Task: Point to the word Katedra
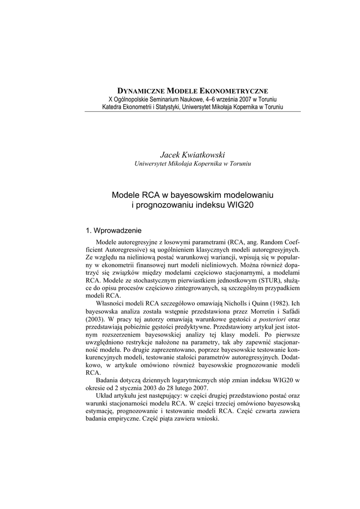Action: [x=114, y=107]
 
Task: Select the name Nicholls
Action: [x=240, y=304]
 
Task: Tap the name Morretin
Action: [x=260, y=312]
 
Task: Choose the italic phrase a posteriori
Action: [x=269, y=320]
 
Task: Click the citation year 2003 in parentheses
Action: [x=95, y=320]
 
